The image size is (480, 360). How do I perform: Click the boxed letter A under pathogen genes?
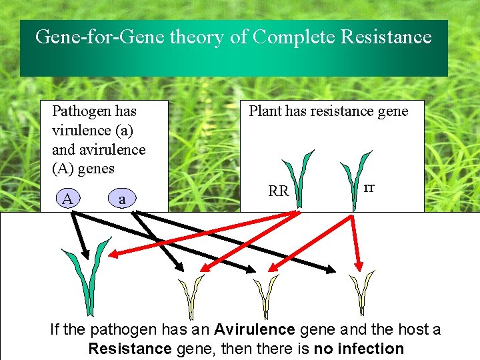click(67, 198)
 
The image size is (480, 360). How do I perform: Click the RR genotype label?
click(278, 191)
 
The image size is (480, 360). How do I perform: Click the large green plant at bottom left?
click(87, 273)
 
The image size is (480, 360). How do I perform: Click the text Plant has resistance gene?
click(328, 111)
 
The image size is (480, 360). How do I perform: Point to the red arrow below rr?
click(356, 240)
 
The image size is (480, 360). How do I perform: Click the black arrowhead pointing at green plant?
click(85, 253)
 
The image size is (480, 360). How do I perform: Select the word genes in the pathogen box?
click(96, 169)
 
